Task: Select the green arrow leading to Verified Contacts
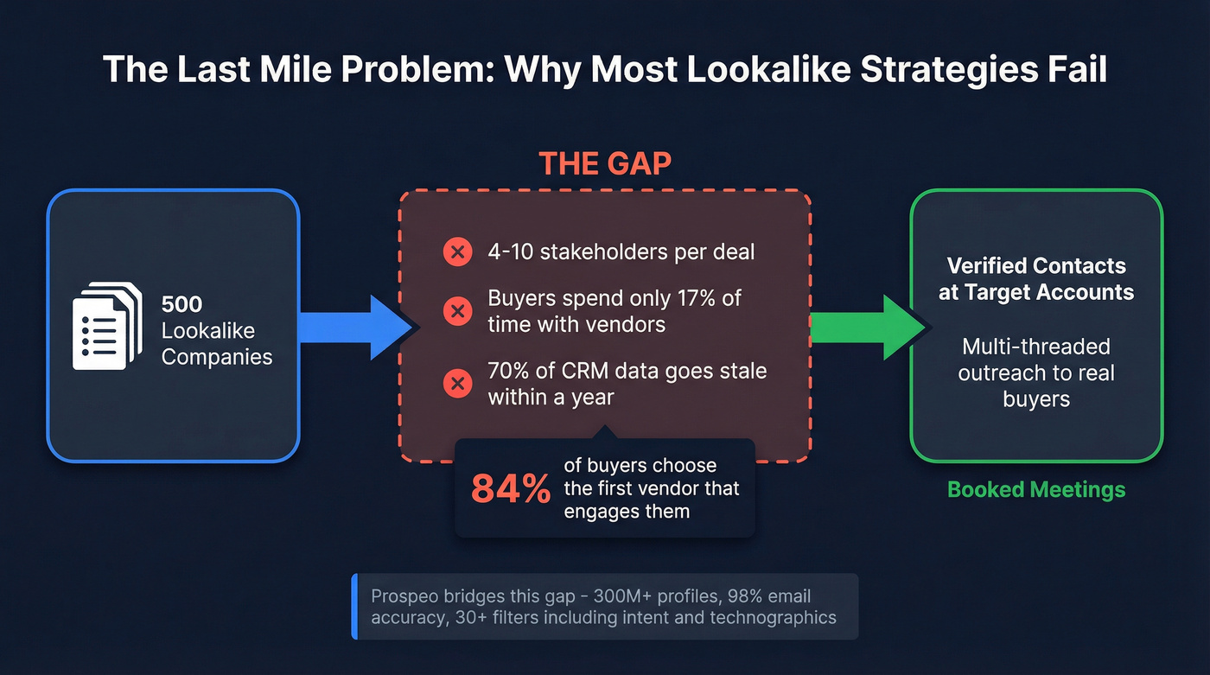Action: [x=864, y=327]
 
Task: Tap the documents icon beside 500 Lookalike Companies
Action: [x=106, y=327]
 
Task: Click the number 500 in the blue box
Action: [x=181, y=304]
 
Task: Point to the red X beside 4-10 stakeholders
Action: [x=456, y=252]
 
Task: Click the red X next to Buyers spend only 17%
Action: [x=456, y=311]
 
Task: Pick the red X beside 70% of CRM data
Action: [x=456, y=384]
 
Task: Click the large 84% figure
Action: [x=511, y=489]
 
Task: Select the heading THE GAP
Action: [x=605, y=163]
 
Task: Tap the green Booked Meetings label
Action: [x=1036, y=490]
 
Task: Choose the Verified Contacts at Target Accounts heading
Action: [x=1036, y=278]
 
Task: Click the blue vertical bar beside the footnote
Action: [x=354, y=607]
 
